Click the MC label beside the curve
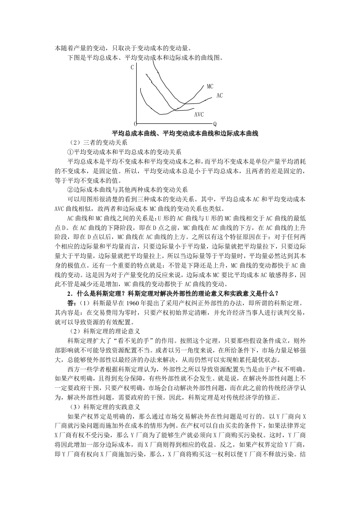click(210, 86)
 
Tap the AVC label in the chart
click(199, 114)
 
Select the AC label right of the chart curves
click(219, 96)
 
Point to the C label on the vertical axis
click(132, 68)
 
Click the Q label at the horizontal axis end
click(215, 124)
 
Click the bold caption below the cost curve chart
click(185, 133)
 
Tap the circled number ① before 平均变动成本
click(70, 151)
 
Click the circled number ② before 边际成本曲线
click(70, 189)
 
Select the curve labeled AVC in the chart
click(182, 109)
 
